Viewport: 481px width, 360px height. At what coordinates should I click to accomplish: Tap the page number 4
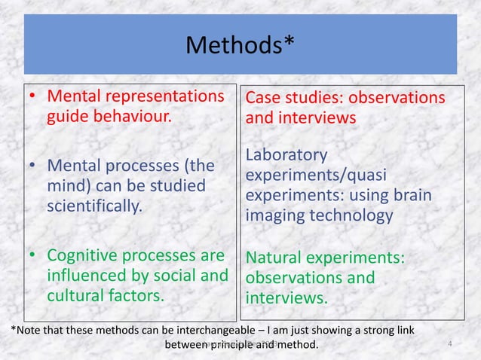(449, 345)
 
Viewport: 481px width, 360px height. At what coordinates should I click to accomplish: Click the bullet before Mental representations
(33, 99)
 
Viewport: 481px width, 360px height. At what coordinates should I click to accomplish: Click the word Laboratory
(287, 155)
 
